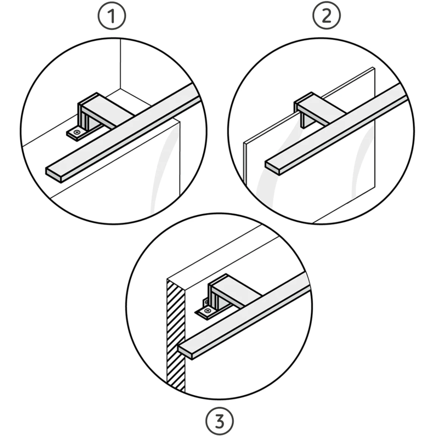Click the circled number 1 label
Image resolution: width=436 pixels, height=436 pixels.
coord(112,16)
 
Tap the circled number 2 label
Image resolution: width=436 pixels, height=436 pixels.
coord(326,16)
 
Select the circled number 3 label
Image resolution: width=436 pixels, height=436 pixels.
coord(219,421)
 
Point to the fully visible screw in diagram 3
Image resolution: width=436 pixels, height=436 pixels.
coord(208,310)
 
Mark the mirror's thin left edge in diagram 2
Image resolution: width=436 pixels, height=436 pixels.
coord(245,164)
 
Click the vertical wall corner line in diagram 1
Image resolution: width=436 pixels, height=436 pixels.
coord(120,64)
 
